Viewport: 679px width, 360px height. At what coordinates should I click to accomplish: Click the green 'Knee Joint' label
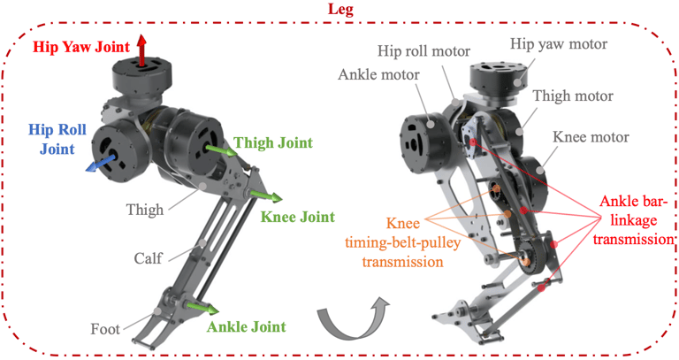(x=296, y=216)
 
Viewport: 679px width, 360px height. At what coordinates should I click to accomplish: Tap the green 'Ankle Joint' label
(x=247, y=326)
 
